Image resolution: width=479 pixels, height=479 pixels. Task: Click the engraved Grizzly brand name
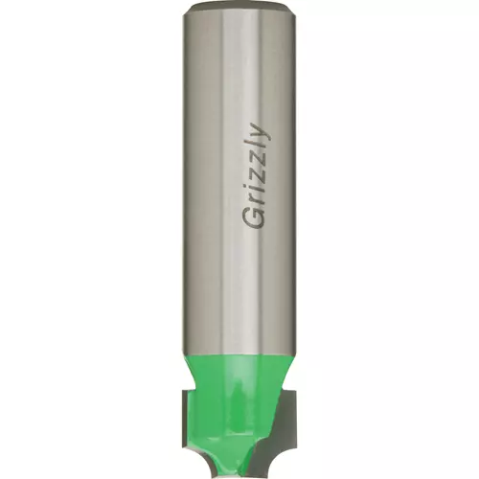(x=256, y=176)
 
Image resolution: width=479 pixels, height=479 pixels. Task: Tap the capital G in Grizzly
(x=255, y=218)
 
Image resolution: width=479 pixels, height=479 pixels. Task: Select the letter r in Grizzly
(x=257, y=199)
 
